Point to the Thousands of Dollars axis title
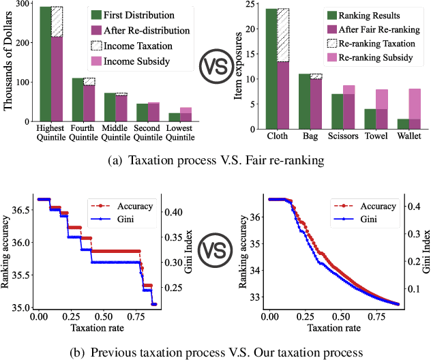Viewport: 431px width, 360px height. [x=8, y=65]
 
